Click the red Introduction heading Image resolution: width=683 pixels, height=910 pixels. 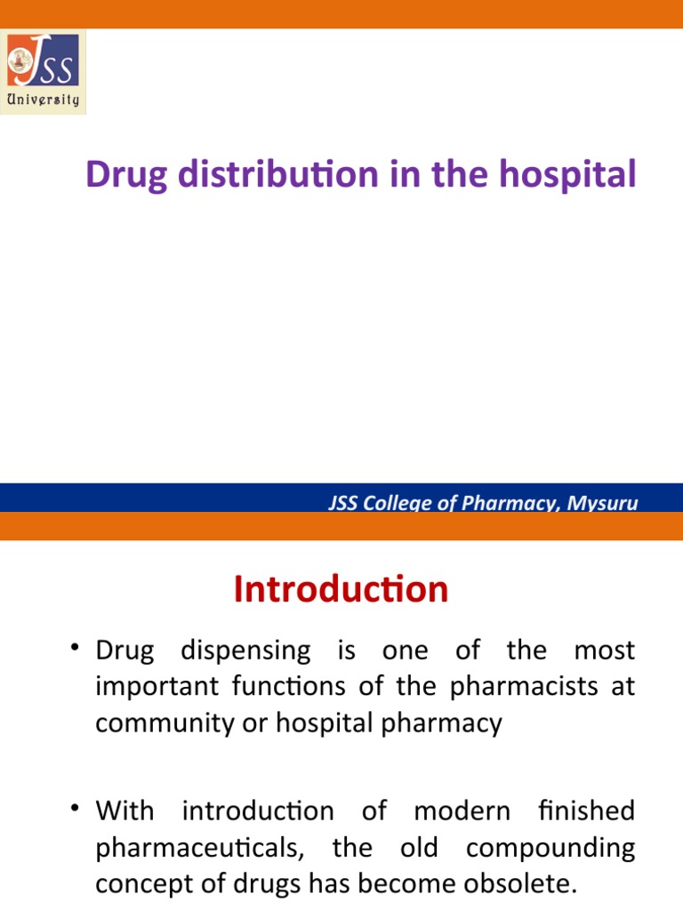point(341,589)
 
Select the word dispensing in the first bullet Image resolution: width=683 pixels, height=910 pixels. point(246,651)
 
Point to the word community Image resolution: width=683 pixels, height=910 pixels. point(156,723)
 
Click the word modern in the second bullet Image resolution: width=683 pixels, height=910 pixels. point(462,810)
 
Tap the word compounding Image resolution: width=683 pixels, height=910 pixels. point(550,848)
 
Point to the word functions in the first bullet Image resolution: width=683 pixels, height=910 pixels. point(261,687)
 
